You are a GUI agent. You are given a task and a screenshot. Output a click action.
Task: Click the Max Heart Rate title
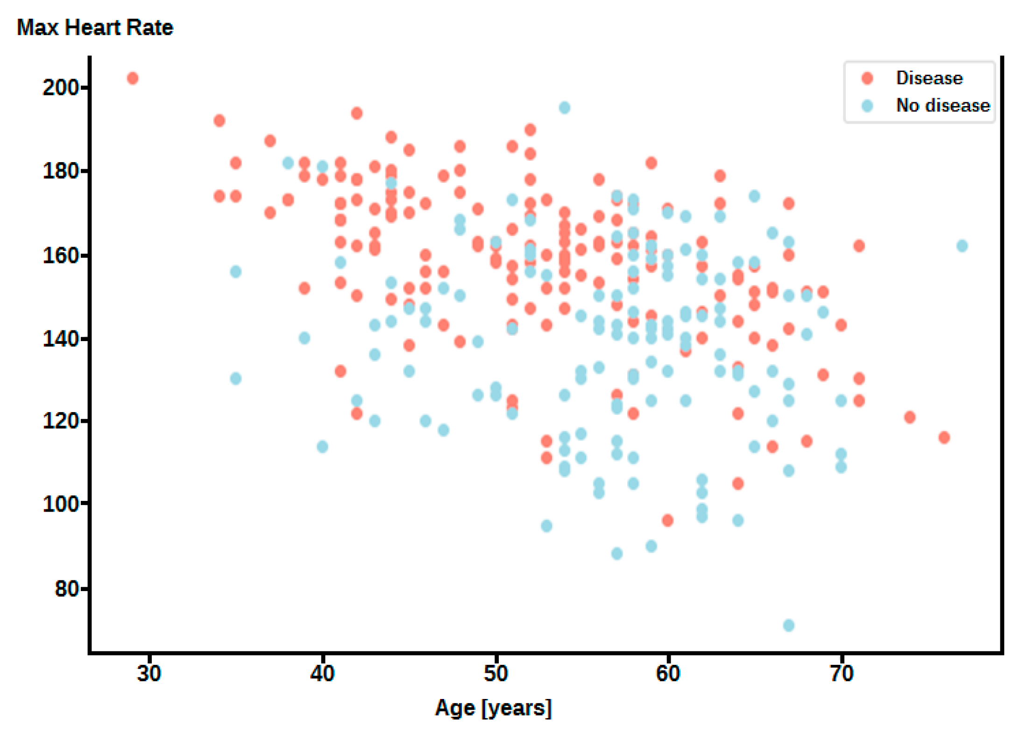click(x=95, y=28)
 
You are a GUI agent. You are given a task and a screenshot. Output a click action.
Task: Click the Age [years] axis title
click(x=493, y=708)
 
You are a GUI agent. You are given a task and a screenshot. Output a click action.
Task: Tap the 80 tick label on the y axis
click(x=67, y=589)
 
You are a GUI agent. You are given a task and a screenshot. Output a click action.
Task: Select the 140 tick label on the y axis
click(x=61, y=339)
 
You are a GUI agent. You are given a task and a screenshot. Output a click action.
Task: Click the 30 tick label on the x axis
click(x=149, y=674)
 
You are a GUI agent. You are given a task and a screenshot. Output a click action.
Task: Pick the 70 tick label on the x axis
click(x=841, y=674)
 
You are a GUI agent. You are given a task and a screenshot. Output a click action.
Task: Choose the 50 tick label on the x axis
click(x=495, y=674)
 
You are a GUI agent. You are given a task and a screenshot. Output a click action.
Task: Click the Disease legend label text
click(x=929, y=78)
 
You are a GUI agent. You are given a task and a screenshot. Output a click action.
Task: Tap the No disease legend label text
click(x=942, y=106)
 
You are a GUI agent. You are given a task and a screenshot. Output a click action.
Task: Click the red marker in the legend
click(x=867, y=78)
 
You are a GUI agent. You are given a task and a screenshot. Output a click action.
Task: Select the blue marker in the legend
click(x=867, y=106)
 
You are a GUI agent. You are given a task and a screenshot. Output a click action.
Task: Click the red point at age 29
click(x=133, y=78)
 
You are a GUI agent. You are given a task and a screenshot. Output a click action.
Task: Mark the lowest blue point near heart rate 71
click(x=788, y=625)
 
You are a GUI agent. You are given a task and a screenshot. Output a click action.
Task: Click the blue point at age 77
click(x=962, y=246)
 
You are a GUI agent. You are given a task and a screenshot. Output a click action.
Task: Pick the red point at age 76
click(x=944, y=437)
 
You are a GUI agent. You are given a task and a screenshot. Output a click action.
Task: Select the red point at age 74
click(x=909, y=417)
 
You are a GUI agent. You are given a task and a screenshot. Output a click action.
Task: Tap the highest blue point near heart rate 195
click(x=564, y=107)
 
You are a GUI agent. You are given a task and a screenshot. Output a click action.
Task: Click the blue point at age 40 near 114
click(x=322, y=446)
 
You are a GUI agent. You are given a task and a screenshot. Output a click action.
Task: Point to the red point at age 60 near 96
click(x=667, y=520)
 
